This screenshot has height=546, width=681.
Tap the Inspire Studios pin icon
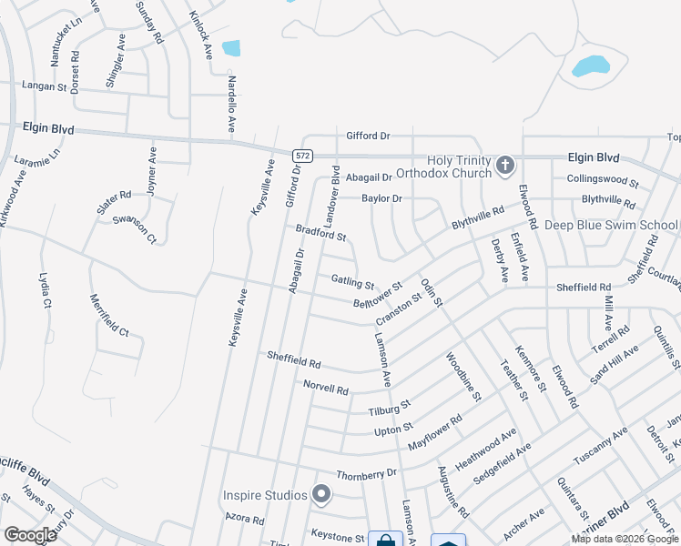[320, 495]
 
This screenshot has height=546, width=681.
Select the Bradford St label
[320, 233]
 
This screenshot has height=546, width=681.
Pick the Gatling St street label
[352, 283]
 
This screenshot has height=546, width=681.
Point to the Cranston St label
[399, 308]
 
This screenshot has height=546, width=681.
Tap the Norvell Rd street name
[326, 389]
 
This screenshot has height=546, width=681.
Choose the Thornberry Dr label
[367, 474]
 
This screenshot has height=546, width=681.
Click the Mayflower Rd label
[435, 429]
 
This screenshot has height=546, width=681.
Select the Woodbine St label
[463, 373]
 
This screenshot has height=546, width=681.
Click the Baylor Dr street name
[381, 197]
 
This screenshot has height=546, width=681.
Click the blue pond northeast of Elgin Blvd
[590, 66]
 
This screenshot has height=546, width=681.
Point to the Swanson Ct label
[135, 228]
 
